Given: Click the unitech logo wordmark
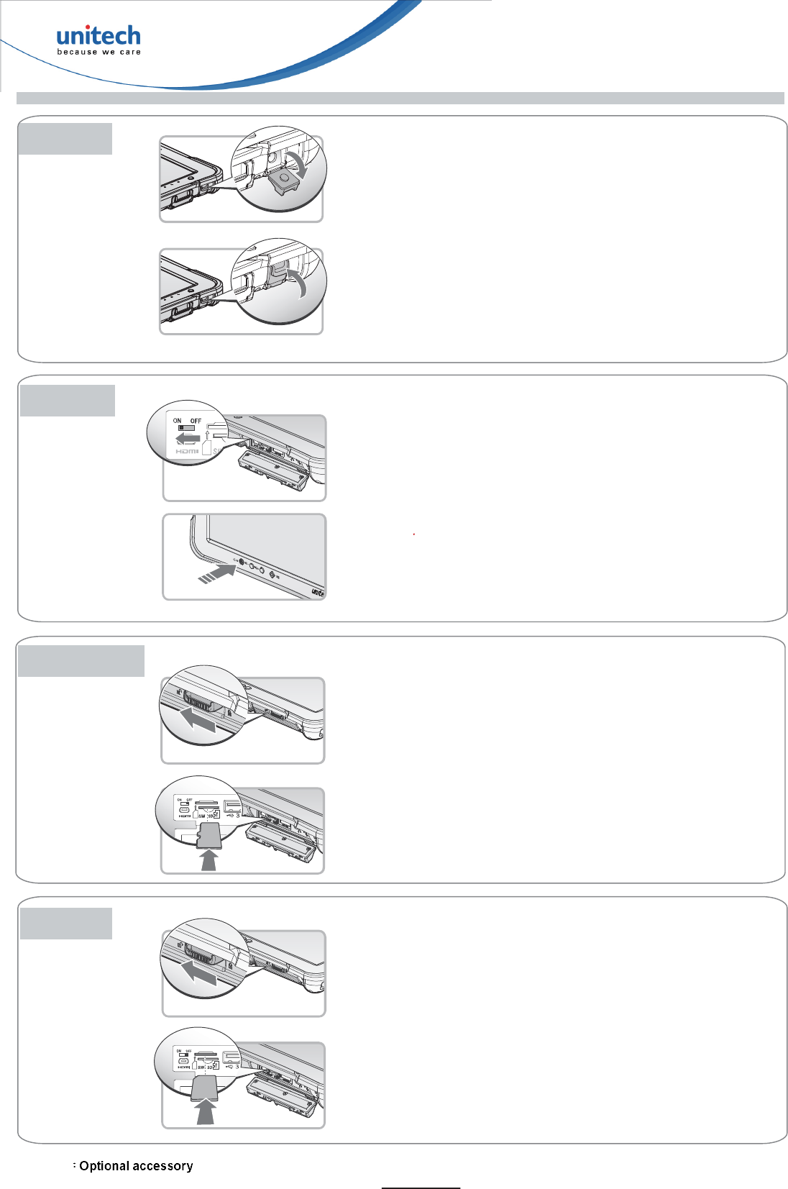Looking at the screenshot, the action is coord(98,36).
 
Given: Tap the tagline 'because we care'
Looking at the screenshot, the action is coord(98,52).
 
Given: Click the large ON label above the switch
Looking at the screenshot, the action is coord(177,421).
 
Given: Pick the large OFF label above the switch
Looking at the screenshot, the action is coord(196,421).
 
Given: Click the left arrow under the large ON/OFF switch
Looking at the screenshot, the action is coord(188,438).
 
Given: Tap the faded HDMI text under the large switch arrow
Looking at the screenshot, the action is coord(187,451).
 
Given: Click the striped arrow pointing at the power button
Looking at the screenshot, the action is coord(216,573).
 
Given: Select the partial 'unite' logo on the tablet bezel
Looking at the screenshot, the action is coord(318,593).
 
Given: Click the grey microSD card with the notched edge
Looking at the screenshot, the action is coord(209,836).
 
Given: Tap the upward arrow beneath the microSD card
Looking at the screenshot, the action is coord(209,860).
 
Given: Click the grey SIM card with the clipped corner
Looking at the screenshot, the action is coord(205,1088).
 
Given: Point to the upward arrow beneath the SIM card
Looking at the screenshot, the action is coord(206,1114).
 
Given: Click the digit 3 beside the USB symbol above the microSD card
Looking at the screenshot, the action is coord(238,815).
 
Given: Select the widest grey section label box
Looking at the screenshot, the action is coord(81,661).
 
